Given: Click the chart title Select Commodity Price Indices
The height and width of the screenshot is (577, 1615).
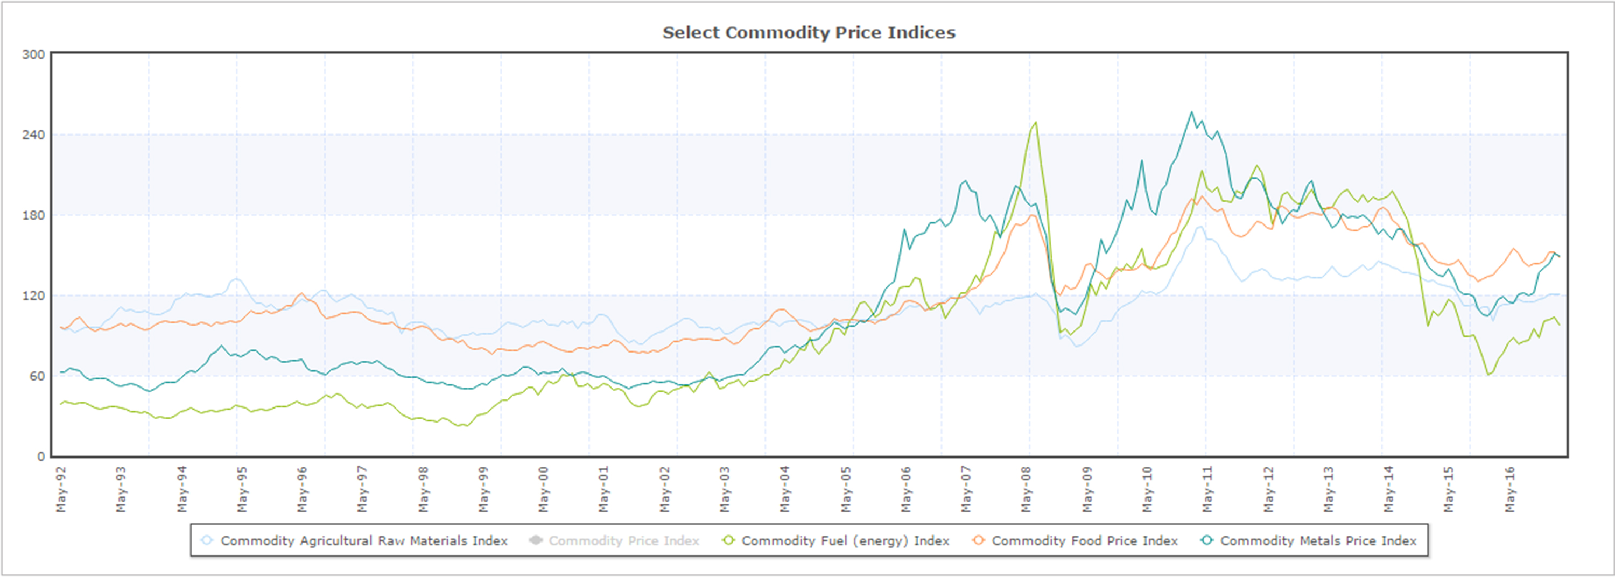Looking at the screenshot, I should coord(809,33).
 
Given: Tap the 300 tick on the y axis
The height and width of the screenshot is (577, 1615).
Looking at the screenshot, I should coord(33,54).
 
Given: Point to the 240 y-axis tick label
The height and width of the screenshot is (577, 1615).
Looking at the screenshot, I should coord(33,135).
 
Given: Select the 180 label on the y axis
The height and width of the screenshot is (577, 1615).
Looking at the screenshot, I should coord(33,215).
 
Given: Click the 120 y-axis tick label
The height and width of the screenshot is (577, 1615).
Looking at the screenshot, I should coord(33,295).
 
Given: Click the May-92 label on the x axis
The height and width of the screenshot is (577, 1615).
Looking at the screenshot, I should coord(61,489).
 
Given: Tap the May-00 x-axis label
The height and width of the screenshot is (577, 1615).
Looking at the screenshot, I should coord(543,489).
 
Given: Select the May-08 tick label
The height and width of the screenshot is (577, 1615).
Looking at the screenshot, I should coord(1026,489).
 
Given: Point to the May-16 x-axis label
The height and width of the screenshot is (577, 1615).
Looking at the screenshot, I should coord(1508,489).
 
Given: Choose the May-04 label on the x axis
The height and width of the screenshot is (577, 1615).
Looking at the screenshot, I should coord(784,489).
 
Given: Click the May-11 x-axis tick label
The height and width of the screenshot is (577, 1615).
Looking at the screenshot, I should coord(1207,489).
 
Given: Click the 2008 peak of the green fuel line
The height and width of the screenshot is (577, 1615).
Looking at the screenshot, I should coord(1035,122).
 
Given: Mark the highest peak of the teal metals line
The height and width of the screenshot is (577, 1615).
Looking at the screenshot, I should coord(1192,112).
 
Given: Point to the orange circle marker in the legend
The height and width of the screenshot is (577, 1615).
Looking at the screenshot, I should coord(978,540).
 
